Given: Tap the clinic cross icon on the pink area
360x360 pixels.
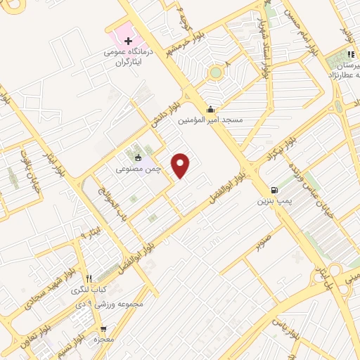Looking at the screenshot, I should click(x=127, y=41).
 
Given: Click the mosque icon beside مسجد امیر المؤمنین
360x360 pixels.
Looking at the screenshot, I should click(x=212, y=108).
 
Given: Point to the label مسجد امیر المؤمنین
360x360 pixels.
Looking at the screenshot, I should click(x=211, y=120).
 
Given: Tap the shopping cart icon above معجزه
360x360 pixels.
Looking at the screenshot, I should click(x=104, y=328).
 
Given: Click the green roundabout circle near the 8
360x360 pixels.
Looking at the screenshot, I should click(x=214, y=72).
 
